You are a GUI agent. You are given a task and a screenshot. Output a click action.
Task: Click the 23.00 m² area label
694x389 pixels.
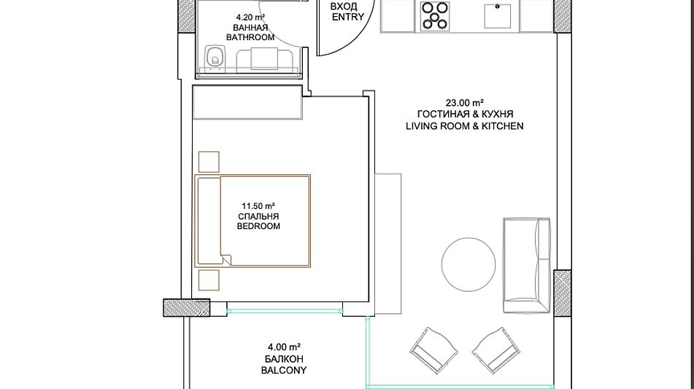coord(464,103)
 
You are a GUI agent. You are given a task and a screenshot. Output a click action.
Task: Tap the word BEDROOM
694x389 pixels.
coord(258,226)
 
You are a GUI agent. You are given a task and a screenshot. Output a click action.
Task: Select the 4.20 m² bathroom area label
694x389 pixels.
coord(250,18)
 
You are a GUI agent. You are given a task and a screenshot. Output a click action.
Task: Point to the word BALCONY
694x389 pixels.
coord(284,371)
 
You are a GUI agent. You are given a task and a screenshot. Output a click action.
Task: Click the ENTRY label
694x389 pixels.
coord(348,18)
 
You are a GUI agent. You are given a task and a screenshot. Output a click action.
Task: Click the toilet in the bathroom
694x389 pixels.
coord(215,57)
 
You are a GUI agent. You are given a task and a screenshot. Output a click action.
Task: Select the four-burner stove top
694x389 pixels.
coord(435,16)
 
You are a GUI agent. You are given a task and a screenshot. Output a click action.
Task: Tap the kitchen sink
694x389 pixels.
coord(498,15)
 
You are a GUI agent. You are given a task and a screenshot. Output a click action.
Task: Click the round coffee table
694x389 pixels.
coord(469,264)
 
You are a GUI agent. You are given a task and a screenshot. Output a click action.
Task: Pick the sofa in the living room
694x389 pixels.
coord(526,266)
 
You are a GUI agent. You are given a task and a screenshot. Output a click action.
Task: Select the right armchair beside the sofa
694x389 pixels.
coord(495,350)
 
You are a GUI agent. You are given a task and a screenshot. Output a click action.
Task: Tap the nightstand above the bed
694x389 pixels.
coord(209,162)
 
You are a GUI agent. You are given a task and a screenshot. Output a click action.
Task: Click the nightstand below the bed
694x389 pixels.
coord(209,280)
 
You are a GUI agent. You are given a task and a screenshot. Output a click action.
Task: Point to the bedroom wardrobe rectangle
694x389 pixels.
coord(247,102)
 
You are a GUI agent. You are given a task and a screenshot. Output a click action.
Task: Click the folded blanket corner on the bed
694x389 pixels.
coord(226,260)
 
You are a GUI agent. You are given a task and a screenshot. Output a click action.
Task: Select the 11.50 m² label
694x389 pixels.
coord(258,207)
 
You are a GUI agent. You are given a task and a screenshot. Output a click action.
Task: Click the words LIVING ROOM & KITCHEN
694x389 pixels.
coord(465,126)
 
